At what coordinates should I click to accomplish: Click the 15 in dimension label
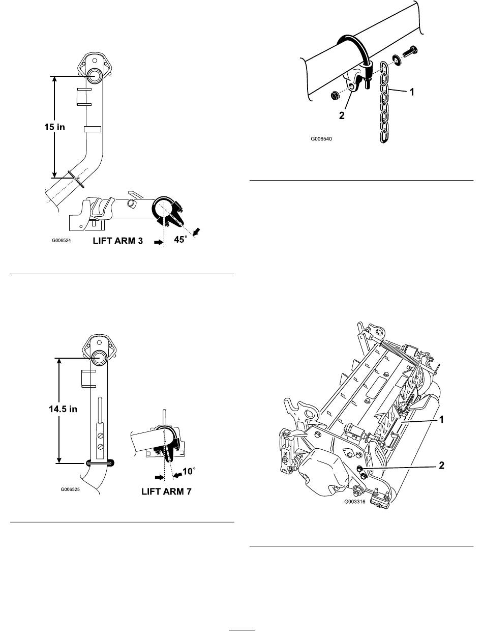point(54,127)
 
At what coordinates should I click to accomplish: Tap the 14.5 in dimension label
point(63,409)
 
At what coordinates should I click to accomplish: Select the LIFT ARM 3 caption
point(118,241)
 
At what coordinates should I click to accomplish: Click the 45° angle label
point(180,240)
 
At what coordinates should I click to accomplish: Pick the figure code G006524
point(62,240)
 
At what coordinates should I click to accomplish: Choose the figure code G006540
point(321,139)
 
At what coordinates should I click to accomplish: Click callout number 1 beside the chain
point(411,92)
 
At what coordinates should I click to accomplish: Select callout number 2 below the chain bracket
point(342,115)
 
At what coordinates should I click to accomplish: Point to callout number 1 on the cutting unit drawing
point(441,420)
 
